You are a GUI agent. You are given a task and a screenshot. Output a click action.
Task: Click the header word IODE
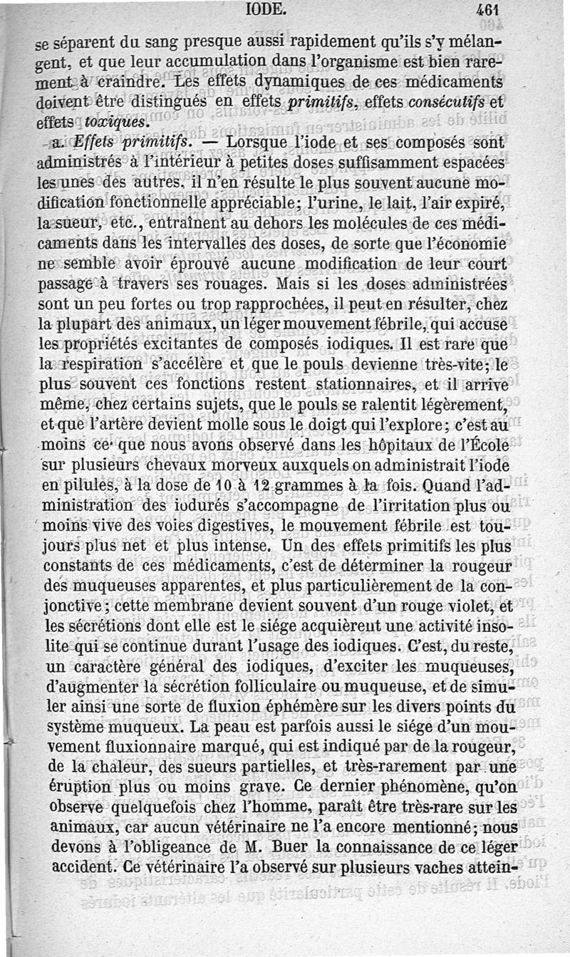pos(266,10)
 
